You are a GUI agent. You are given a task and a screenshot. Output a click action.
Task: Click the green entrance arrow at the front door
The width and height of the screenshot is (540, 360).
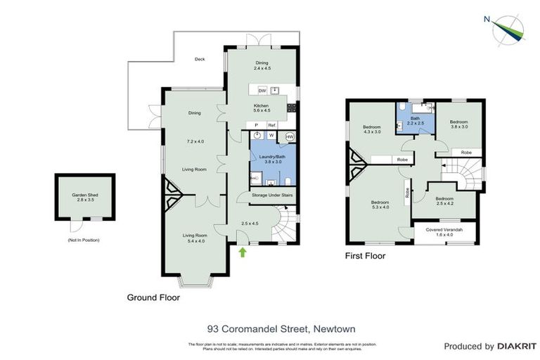pyautogui.click(x=243, y=252)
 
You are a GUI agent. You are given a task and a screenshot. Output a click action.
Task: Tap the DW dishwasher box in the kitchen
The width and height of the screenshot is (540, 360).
pyautogui.click(x=262, y=91)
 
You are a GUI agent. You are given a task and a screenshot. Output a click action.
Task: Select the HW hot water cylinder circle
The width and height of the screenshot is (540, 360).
pyautogui.click(x=290, y=137)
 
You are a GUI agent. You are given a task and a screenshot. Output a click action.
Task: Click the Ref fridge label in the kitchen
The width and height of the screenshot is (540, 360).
pyautogui.click(x=271, y=125)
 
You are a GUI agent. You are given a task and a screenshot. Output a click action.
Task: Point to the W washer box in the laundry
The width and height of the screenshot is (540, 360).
pyautogui.click(x=271, y=135)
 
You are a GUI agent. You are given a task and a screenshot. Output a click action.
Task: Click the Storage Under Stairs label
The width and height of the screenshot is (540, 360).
pyautogui.click(x=271, y=195)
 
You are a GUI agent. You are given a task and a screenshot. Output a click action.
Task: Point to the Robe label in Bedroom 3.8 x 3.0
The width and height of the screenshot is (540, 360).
pyautogui.click(x=465, y=152)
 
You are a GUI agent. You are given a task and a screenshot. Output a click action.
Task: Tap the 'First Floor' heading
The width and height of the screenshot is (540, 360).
pyautogui.click(x=365, y=257)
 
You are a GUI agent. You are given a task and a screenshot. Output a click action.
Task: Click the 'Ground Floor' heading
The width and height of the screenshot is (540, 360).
pyautogui.click(x=153, y=297)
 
